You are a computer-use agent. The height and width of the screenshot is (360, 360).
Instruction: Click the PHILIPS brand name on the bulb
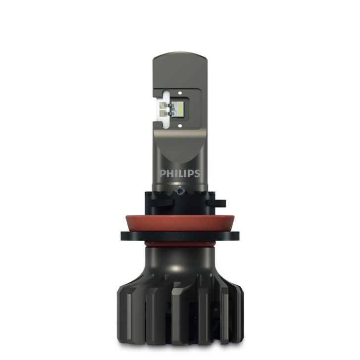coord(180,174)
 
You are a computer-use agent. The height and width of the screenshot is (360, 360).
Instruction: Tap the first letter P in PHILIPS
coord(162,174)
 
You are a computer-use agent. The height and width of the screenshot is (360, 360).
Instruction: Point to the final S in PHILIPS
coord(197,174)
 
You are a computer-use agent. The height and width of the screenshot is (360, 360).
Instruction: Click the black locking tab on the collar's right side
coord(218,203)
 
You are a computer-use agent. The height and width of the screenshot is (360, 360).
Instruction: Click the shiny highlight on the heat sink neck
coord(173,267)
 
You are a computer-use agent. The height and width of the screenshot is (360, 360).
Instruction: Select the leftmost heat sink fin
coord(124,317)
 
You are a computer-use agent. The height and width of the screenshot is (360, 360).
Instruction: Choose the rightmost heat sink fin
coord(238,317)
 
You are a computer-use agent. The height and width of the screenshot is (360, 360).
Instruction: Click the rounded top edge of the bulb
coord(180,55)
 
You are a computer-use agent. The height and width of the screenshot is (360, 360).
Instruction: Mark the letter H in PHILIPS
coord(168,174)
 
